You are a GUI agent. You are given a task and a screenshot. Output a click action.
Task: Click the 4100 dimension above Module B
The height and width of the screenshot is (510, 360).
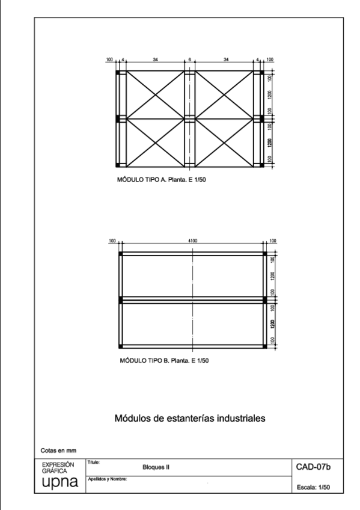[x=192, y=241]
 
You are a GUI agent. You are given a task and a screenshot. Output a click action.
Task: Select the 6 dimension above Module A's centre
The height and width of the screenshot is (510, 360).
[x=189, y=60]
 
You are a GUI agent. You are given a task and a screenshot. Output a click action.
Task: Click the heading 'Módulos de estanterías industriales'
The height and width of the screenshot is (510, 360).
[x=189, y=417]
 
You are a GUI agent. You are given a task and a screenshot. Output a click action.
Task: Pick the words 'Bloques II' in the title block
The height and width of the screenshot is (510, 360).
[x=156, y=467]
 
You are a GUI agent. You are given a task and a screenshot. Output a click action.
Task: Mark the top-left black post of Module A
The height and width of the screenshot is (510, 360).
[x=118, y=72]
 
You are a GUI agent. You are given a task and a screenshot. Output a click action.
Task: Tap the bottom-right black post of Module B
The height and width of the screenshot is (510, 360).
[x=265, y=346]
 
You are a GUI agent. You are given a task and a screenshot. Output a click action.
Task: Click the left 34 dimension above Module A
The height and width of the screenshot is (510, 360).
[x=156, y=60]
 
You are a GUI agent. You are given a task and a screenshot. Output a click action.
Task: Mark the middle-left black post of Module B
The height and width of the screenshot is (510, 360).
[x=120, y=299]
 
